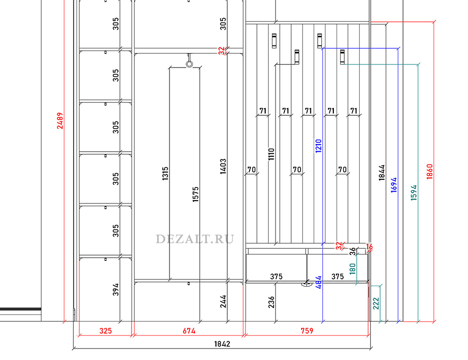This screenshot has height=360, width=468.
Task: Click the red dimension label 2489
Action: (61, 121)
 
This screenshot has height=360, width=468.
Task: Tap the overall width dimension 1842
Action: (222, 344)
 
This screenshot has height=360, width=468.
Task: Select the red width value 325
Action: (106, 330)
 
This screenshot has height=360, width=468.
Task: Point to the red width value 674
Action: (189, 330)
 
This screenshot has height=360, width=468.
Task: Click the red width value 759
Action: (307, 330)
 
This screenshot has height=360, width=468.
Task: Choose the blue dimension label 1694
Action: (394, 185)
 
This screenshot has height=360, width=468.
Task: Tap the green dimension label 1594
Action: (414, 193)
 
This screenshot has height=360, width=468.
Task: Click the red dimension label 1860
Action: (430, 171)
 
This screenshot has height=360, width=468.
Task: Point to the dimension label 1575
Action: (196, 194)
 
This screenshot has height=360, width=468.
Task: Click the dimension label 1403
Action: (223, 167)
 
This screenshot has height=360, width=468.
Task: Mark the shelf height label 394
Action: (115, 289)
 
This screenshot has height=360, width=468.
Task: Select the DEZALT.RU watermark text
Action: (195, 239)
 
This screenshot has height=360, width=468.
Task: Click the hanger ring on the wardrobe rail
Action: (189, 64)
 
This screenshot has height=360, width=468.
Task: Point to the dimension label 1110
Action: (271, 154)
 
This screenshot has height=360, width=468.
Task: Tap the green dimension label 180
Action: (353, 269)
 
